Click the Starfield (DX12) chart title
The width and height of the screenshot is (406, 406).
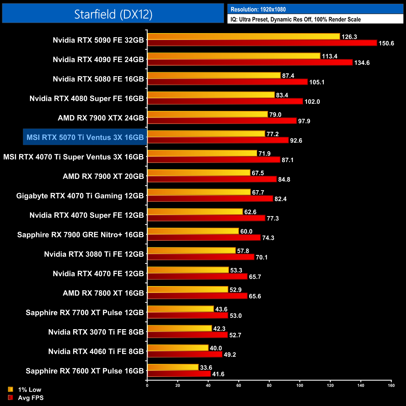113,14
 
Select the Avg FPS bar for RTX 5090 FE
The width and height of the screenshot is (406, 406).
262,43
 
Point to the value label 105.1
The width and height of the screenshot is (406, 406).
317,82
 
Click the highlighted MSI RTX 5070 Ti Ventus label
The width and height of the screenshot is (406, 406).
85,137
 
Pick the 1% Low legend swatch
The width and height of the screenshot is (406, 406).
11,389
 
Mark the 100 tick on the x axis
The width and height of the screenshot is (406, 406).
300,385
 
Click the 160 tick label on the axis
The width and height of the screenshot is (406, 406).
391,385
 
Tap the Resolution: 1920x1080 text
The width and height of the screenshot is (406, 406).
258,9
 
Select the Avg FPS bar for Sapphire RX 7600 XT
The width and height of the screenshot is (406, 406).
179,374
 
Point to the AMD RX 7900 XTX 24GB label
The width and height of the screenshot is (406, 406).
101,118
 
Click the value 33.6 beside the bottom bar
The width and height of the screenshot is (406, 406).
206,368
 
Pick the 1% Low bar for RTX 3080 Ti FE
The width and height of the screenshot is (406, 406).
191,250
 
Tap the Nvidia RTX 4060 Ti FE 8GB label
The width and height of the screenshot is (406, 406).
96,352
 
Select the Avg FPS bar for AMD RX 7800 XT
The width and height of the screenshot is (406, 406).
197,296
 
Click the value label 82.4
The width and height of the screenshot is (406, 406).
280,199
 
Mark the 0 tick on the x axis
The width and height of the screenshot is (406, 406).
147,385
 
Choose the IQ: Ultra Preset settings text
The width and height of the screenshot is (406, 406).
295,19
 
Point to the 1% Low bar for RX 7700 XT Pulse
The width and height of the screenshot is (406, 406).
181,309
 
